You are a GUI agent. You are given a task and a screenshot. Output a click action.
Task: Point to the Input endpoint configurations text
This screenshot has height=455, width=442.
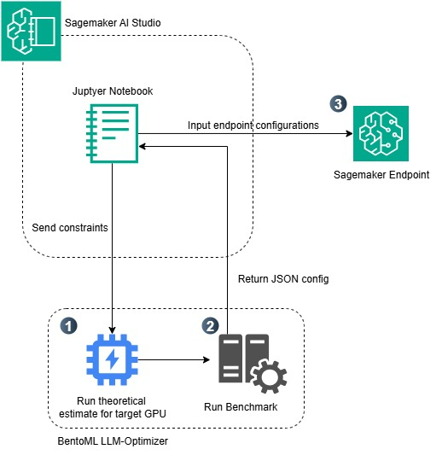[x=253, y=125]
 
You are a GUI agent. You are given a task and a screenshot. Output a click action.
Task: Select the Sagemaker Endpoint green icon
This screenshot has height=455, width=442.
[x=381, y=134]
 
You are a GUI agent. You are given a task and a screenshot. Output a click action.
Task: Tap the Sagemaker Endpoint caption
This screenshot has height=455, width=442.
[x=381, y=175]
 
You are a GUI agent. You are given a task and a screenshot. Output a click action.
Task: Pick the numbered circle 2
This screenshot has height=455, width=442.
[x=210, y=325]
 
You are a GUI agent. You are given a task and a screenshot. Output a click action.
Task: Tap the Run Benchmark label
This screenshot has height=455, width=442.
[x=241, y=407]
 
